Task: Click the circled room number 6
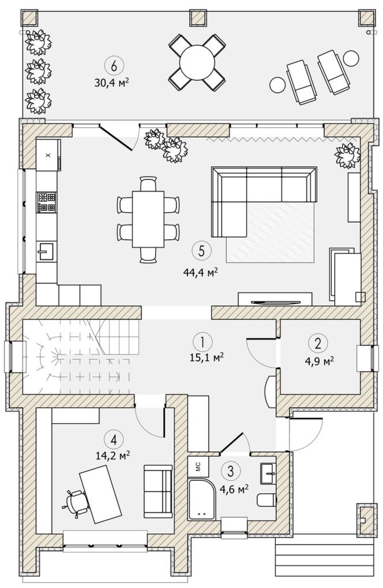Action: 113,66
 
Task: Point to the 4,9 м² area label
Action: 319,361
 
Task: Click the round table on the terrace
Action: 197,63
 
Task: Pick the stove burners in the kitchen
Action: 47,202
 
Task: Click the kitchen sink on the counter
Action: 46,251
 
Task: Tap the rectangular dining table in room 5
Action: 148,219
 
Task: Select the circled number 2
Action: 318,343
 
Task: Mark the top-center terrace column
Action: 199,18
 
